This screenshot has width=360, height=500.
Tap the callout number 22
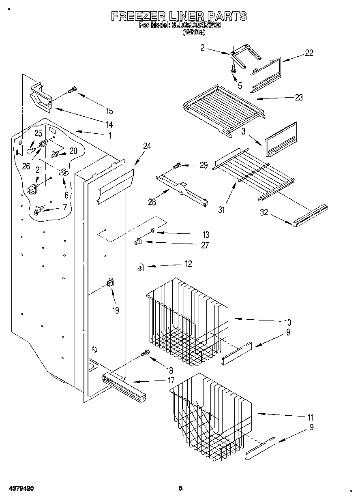coord(309,53)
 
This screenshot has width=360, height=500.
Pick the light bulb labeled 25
coord(30,150)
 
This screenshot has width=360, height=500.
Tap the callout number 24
coord(147,146)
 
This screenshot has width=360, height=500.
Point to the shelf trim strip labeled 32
coord(310,215)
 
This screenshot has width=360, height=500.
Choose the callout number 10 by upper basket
coord(287,323)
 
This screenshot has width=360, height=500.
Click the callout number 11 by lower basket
coord(310,417)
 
